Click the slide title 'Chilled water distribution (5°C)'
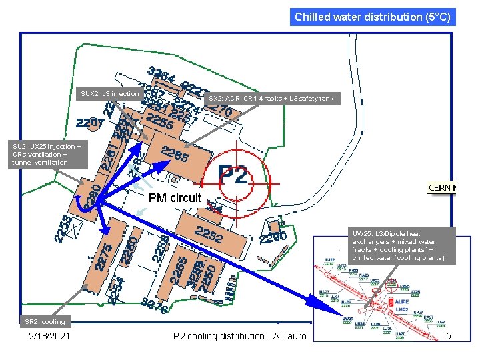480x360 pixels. (x=373, y=17)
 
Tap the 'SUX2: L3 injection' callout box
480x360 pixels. (x=110, y=94)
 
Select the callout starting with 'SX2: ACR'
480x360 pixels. (x=271, y=99)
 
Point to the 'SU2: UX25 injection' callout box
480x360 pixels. (x=47, y=154)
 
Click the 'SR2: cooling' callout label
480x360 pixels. (x=45, y=322)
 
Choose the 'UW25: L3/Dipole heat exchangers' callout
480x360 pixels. (x=399, y=245)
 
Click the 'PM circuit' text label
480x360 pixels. (x=175, y=198)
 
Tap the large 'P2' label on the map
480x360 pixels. (x=233, y=175)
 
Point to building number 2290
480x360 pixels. (x=273, y=238)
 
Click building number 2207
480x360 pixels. (x=90, y=123)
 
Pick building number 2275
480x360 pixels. (x=104, y=257)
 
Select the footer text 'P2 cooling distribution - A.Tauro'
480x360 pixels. (x=239, y=337)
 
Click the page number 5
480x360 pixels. (x=449, y=337)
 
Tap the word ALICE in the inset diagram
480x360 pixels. (x=402, y=302)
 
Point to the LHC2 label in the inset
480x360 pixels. (x=402, y=310)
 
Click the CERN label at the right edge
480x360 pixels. (x=442, y=187)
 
